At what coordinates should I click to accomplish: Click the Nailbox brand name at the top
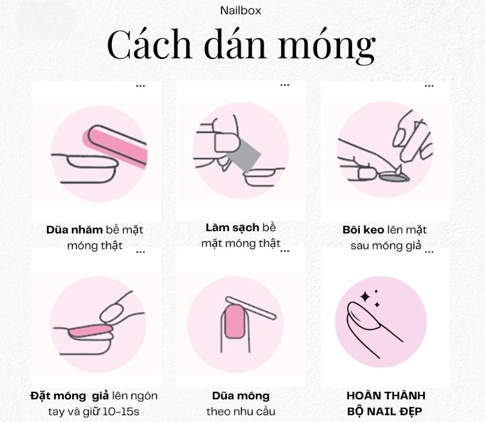[240, 11]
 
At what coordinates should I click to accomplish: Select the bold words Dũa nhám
[74, 230]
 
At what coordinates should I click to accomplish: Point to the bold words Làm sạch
[232, 228]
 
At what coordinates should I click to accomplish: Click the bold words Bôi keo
[363, 230]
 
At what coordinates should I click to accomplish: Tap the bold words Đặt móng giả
[70, 396]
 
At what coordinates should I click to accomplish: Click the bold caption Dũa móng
[241, 396]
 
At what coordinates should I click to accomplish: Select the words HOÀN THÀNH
[386, 396]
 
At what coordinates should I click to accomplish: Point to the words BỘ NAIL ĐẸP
[385, 412]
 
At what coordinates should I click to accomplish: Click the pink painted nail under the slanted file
[235, 321]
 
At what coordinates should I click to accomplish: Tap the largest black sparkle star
[365, 297]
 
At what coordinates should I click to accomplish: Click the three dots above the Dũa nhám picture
[140, 86]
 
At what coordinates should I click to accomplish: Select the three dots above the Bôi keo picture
[429, 86]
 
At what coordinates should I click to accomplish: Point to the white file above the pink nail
[251, 308]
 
